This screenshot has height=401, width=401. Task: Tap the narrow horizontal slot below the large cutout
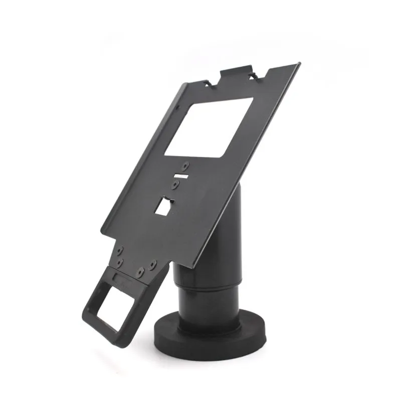pyautogui.click(x=180, y=176)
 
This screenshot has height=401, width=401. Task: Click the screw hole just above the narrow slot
pyautogui.click(x=186, y=165)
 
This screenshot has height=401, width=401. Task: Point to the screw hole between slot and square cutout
pyautogui.click(x=175, y=185)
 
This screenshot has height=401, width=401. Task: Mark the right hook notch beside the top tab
pyautogui.click(x=256, y=75)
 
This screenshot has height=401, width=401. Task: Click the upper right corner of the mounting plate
pyautogui.click(x=299, y=64)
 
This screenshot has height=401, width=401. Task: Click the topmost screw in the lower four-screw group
pyautogui.click(x=120, y=250)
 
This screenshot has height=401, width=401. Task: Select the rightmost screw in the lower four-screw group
pyautogui.click(x=153, y=263)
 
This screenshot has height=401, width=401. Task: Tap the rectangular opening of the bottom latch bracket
pyautogui.click(x=114, y=310)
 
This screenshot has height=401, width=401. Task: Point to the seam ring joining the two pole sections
pyautogui.click(x=211, y=286)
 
